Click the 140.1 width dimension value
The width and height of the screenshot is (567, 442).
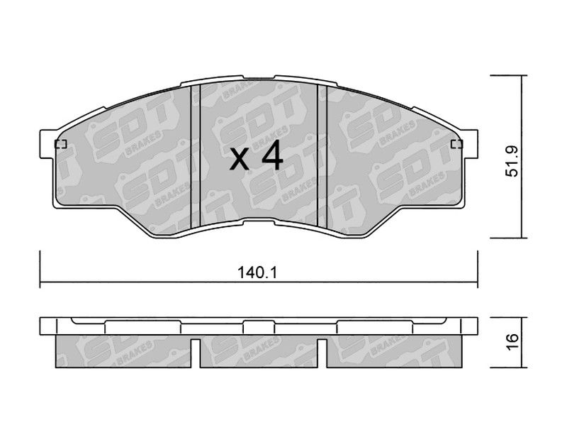(x=257, y=272)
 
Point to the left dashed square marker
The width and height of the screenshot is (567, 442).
(x=60, y=144)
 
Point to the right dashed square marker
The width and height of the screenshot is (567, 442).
(x=457, y=144)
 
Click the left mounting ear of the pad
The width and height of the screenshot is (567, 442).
(x=47, y=144)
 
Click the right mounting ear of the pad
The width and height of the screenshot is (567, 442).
(x=469, y=144)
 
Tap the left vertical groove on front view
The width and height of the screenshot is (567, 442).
(x=196, y=156)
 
